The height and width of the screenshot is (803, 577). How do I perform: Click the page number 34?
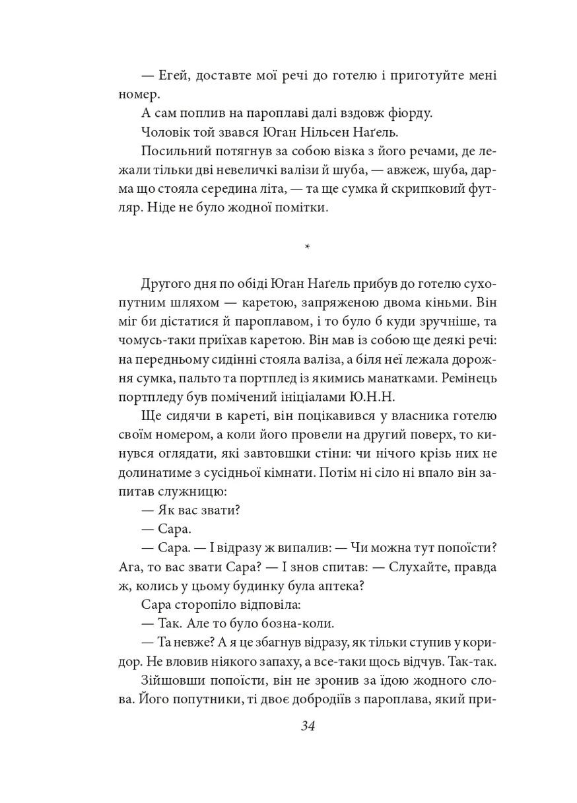click(309, 727)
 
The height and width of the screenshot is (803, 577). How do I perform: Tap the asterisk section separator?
click(308, 249)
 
